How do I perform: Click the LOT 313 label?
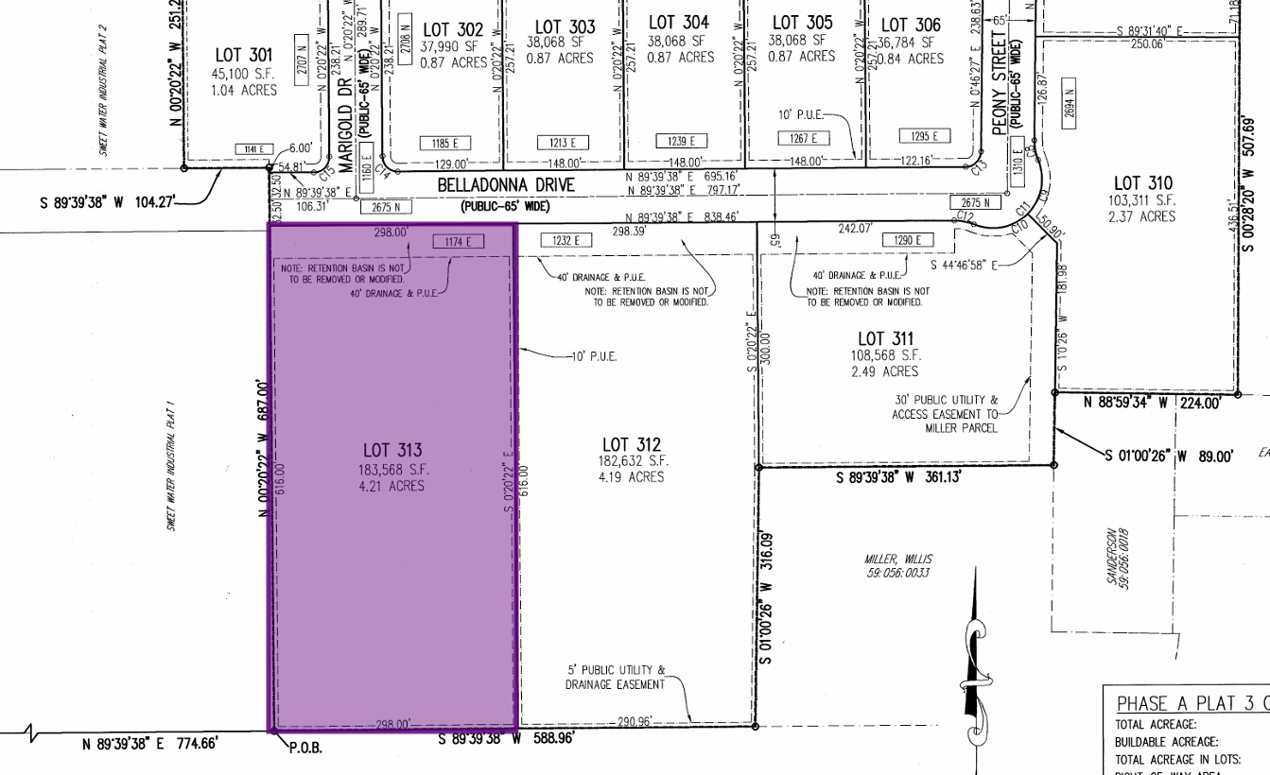point(391,451)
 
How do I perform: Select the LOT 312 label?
point(632,444)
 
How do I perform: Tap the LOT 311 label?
point(885,338)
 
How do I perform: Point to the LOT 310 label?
point(1142,183)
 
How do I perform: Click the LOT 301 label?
point(244,56)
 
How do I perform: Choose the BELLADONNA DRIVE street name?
point(506,186)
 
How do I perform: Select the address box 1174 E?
point(458,242)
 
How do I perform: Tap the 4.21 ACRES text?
point(391,486)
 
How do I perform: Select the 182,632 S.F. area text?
point(632,461)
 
